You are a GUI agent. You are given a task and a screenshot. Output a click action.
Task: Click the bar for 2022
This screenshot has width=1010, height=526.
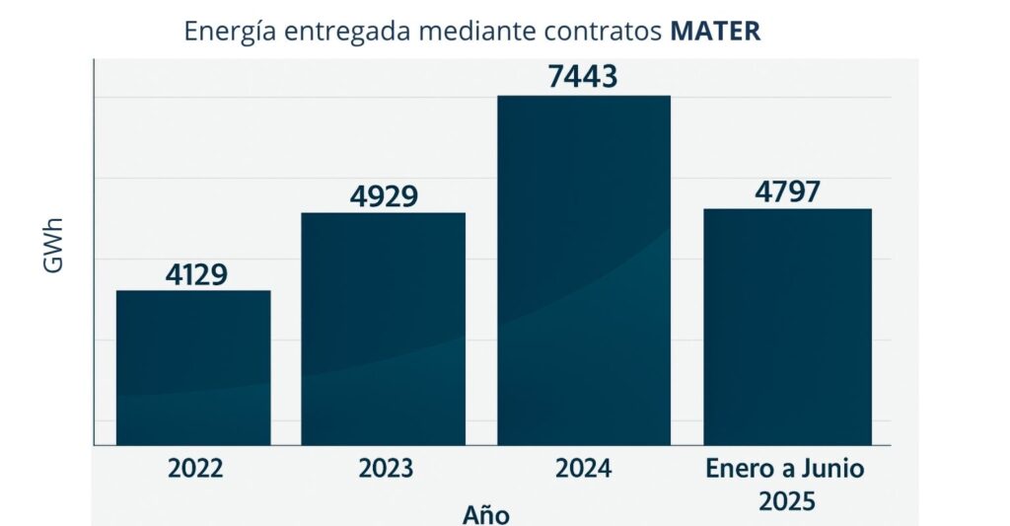click(193, 367)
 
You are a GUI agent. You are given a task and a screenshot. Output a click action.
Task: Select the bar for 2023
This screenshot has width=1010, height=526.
click(383, 329)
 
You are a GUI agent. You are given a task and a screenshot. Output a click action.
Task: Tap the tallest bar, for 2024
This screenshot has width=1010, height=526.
click(583, 270)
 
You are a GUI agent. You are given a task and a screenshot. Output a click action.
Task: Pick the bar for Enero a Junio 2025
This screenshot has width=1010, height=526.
click(787, 327)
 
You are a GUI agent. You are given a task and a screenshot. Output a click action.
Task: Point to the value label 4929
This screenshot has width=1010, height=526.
click(384, 196)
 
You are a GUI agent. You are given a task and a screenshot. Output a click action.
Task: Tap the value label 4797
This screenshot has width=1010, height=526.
click(787, 191)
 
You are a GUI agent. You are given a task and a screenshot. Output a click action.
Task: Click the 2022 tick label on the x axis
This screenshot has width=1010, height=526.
click(194, 468)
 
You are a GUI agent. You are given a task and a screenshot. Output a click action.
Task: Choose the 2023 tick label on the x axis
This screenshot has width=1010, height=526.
click(384, 468)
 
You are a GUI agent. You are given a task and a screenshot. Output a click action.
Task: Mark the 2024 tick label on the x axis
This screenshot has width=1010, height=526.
click(583, 468)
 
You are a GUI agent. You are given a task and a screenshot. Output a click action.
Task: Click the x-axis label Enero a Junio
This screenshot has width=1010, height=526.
click(785, 468)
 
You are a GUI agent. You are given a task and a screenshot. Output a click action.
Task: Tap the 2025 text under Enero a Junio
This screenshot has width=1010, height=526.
click(787, 501)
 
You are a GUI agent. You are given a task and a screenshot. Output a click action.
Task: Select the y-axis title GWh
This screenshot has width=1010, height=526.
click(55, 246)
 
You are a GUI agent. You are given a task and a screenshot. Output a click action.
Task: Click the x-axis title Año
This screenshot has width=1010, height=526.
click(486, 514)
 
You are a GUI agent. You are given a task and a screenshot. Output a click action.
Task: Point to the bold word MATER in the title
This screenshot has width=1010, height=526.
click(715, 31)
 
